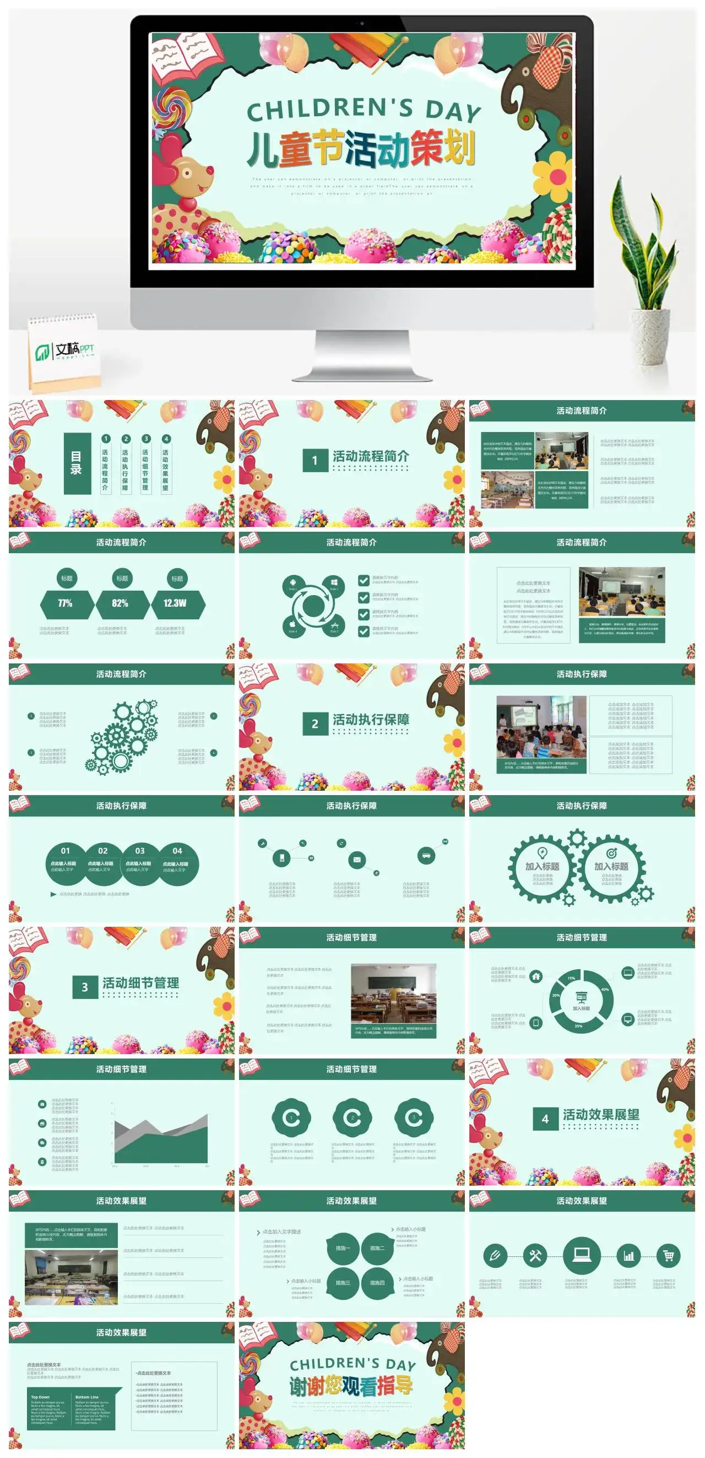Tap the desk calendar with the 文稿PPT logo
63,354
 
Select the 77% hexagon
66,603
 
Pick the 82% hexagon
121,603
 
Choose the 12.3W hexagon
175,603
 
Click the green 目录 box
77,463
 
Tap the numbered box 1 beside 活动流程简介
314,460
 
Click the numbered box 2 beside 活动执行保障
314,723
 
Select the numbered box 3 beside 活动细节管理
84,987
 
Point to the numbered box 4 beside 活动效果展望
545,1119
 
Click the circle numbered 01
66,862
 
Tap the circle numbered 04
177,862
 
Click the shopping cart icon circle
668,1256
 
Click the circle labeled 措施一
343,1248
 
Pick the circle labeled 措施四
377,1283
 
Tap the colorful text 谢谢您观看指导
351,1386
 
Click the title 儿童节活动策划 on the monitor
361,149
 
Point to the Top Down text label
41,1397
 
